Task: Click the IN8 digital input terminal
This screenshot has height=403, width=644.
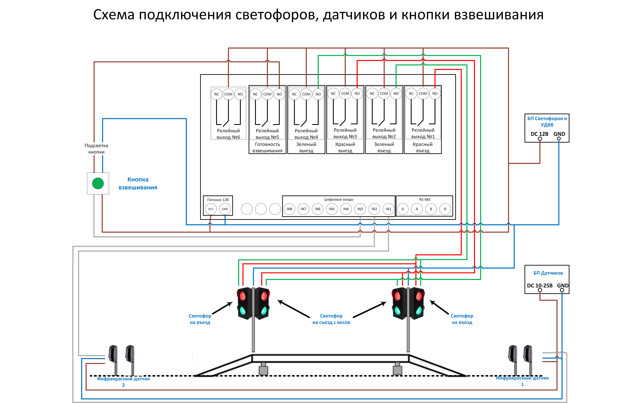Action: (x=289, y=209)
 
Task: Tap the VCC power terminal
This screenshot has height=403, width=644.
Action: (x=211, y=209)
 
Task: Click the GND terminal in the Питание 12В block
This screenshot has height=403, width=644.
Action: (x=225, y=209)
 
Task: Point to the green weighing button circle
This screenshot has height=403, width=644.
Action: (x=98, y=183)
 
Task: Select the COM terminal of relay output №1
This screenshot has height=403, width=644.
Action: (x=423, y=94)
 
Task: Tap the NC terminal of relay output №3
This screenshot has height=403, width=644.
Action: (x=333, y=94)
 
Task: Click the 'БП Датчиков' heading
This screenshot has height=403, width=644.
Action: (x=548, y=273)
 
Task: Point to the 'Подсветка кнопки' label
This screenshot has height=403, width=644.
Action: (x=96, y=149)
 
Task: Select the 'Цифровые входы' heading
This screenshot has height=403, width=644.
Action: (x=339, y=199)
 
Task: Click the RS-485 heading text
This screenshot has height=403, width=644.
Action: (x=425, y=199)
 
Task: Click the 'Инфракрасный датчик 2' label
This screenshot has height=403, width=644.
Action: (x=123, y=382)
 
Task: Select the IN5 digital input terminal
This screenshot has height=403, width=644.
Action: (x=332, y=209)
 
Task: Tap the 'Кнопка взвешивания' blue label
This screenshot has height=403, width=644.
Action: (x=138, y=183)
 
